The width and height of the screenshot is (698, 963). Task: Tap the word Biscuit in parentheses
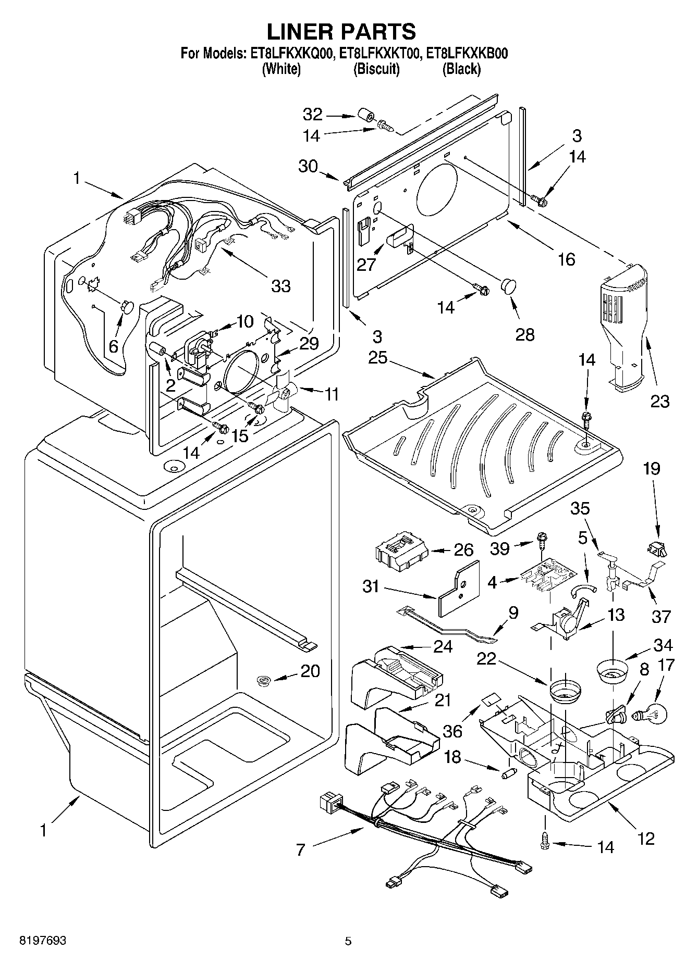click(376, 69)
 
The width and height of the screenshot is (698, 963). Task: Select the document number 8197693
click(42, 941)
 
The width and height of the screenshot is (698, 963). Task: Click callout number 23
click(660, 401)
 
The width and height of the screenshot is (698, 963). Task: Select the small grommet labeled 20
click(265, 679)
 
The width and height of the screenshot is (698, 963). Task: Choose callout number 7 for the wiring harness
click(300, 850)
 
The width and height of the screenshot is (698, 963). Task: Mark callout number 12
click(645, 839)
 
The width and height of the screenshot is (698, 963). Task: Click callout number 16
click(566, 259)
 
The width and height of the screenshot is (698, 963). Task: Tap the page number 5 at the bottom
click(348, 941)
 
